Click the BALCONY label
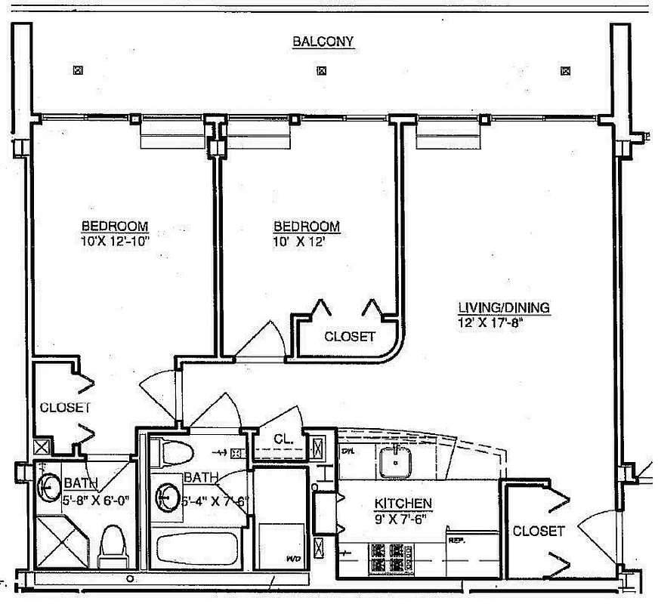[x=323, y=42]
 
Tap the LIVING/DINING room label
[x=504, y=307]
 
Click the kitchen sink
[x=395, y=462]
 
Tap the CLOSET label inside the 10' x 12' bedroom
[x=349, y=337]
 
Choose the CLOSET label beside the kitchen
[x=538, y=531]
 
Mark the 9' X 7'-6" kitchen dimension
[x=401, y=519]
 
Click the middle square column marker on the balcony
[x=322, y=71]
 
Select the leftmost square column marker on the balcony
[x=77, y=71]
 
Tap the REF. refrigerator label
[x=456, y=541]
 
